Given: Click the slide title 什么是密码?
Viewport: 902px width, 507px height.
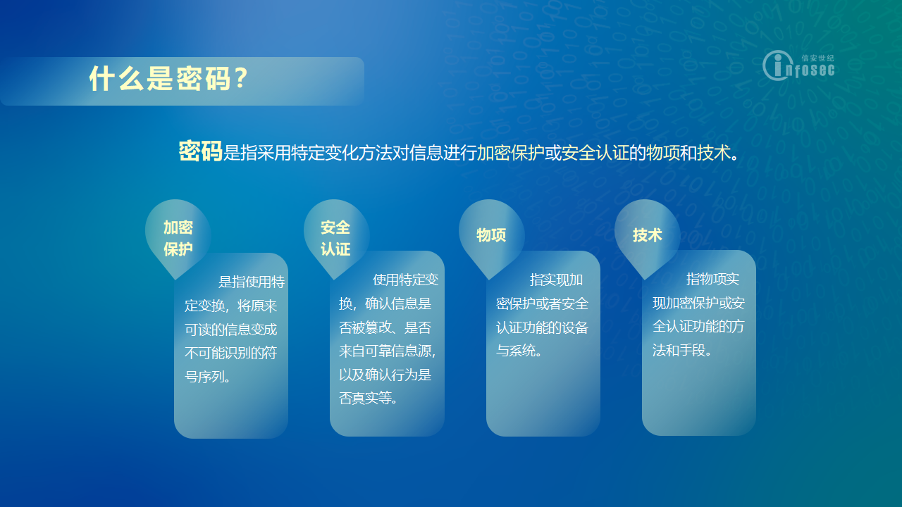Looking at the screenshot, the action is click(x=168, y=78).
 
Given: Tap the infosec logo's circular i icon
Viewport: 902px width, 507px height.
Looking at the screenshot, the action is click(x=777, y=65).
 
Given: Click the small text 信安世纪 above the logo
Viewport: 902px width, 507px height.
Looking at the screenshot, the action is click(x=818, y=58).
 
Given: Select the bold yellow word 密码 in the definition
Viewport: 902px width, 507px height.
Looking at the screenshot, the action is click(x=200, y=151).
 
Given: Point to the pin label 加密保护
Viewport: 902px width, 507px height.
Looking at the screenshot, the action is click(x=178, y=238).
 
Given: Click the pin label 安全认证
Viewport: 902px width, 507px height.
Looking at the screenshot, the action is click(x=335, y=238).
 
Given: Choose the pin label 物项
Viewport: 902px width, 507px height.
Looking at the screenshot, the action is click(x=491, y=235).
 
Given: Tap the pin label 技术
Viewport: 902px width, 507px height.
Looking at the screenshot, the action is click(x=647, y=235).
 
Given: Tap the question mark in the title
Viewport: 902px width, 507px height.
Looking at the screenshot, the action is click(x=241, y=77).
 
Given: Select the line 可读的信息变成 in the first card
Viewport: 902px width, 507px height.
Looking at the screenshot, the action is click(x=230, y=330).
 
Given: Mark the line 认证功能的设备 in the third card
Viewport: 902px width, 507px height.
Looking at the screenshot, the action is click(x=542, y=327).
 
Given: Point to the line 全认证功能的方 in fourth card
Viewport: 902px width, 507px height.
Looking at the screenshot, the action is click(x=698, y=326).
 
